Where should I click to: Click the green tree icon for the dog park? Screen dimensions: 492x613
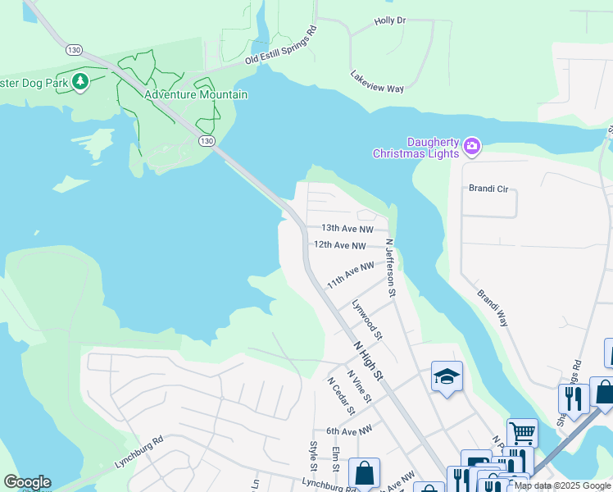coord(80,81)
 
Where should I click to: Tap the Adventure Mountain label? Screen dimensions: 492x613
coord(195,95)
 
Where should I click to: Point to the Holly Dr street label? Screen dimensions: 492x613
coord(389,20)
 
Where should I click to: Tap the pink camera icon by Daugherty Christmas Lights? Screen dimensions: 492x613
coord(471,147)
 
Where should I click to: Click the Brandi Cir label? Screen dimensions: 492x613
coord(488,189)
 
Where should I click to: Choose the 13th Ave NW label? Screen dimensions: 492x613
coord(347,229)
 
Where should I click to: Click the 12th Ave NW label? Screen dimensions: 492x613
coord(339,245)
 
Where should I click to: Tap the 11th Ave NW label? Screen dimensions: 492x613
coord(350,275)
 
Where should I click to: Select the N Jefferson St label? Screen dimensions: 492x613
coord(392,267)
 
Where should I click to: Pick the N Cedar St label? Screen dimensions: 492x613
coord(339,395)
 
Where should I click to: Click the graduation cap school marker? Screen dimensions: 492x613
coord(447,376)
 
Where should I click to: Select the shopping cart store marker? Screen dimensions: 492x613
coord(522,431)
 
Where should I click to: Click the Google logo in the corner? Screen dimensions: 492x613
coord(27,482)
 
